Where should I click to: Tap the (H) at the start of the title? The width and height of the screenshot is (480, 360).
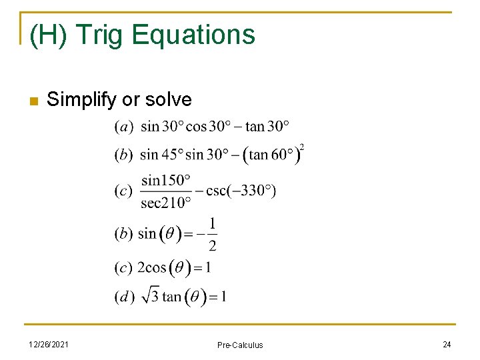[47, 35]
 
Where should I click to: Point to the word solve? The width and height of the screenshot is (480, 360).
[168, 100]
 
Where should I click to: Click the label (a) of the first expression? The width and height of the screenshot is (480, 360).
[123, 127]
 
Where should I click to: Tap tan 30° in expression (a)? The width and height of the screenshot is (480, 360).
[268, 126]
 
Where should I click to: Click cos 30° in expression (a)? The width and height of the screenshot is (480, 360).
[207, 126]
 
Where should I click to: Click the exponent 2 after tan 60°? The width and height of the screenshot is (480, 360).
[302, 147]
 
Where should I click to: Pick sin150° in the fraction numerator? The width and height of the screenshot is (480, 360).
[166, 180]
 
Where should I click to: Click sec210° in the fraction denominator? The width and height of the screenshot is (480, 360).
[166, 202]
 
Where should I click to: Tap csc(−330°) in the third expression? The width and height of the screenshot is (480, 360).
[241, 191]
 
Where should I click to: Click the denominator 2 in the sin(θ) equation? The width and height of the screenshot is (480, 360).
[212, 246]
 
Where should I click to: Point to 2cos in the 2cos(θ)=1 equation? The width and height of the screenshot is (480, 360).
[151, 268]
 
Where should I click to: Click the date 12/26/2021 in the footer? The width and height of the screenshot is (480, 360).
[51, 344]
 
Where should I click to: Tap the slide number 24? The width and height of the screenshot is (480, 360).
[446, 344]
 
